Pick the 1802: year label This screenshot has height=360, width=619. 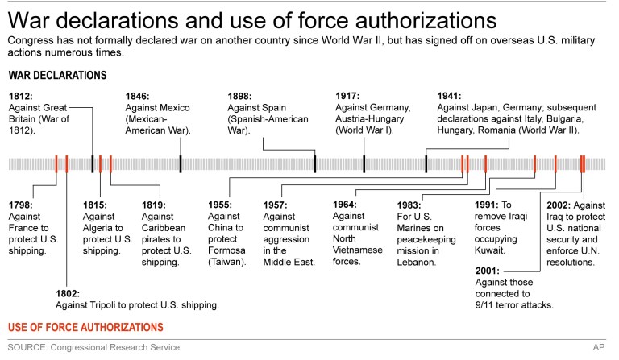coord(69,292)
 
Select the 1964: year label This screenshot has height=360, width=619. coord(346,204)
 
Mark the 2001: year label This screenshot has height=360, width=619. coord(489,271)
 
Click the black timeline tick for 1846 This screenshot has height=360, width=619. coord(180,163)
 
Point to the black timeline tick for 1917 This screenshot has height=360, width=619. coord(364,163)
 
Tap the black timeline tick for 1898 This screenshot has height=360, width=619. coord(314,163)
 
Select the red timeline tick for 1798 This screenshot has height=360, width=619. coord(56,163)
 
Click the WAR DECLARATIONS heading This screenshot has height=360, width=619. coord(58,75)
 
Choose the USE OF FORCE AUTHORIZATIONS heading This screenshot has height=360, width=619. coord(85,327)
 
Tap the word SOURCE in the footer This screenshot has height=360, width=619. coord(29,347)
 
